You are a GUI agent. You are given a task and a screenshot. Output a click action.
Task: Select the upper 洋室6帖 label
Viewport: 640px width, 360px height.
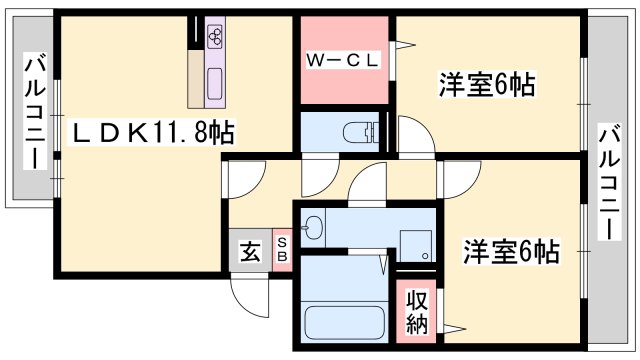pos(487,86)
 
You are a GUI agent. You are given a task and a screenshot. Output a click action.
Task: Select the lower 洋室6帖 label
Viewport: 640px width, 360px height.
pos(510,251)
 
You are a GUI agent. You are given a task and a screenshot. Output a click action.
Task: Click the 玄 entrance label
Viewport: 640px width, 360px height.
pos(248,250)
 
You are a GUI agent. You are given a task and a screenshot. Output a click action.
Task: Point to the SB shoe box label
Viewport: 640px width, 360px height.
pos(281,250)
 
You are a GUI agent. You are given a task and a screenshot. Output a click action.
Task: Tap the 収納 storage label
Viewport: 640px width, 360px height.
pos(417,313)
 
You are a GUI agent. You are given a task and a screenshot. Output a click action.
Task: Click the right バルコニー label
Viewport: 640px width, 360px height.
pos(608,181)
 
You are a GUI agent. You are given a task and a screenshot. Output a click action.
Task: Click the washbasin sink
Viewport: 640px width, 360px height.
pos(313,227)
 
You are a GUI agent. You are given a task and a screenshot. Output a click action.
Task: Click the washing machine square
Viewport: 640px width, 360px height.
pos(414,244)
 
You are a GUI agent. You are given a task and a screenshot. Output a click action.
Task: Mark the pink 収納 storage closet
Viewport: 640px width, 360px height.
pos(417,312)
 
